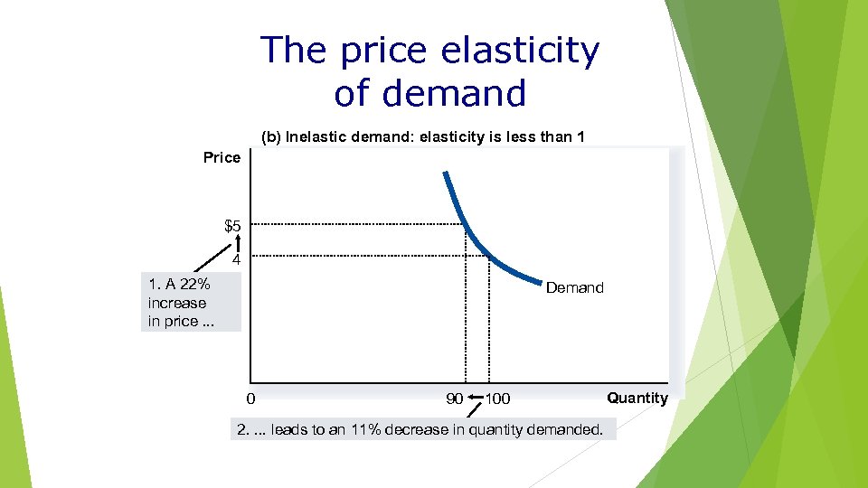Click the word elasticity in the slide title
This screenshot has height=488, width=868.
pyautogui.click(x=519, y=52)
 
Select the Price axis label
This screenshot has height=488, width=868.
pyautogui.click(x=222, y=157)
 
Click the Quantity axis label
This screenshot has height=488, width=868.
pyautogui.click(x=637, y=398)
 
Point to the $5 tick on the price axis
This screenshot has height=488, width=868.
pyautogui.click(x=232, y=225)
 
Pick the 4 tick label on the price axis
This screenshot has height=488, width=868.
pyautogui.click(x=235, y=259)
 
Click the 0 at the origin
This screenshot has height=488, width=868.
pyautogui.click(x=250, y=399)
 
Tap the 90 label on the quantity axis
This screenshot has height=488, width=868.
pyautogui.click(x=455, y=399)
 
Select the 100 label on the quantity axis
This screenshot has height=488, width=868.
pyautogui.click(x=497, y=399)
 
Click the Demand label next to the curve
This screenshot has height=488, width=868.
pyautogui.click(x=574, y=287)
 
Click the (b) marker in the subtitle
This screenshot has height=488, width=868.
pyautogui.click(x=270, y=137)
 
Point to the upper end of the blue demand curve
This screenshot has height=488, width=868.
pyautogui.click(x=444, y=173)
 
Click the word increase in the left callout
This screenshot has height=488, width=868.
pyautogui.click(x=177, y=304)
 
